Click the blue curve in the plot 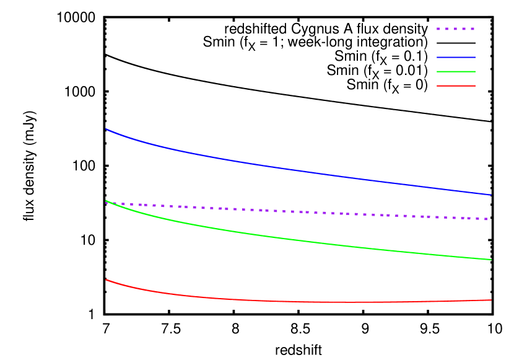(x=297, y=170)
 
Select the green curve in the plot (x=297, y=240)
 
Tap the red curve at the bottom (x=297, y=302)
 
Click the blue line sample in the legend (x=456, y=57)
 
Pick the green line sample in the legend (x=456, y=71)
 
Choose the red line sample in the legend (x=456, y=86)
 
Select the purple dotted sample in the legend (x=456, y=29)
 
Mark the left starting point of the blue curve (x=107, y=130)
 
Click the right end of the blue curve (x=490, y=195)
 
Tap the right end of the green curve (x=490, y=260)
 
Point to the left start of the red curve (x=107, y=279)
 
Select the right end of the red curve (x=490, y=300)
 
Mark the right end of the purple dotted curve (x=487, y=219)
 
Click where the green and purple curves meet (x=108, y=201)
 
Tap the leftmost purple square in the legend (x=438, y=29)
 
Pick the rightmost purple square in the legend (x=473, y=29)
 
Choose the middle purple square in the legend (x=455, y=29)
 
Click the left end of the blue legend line (x=438, y=57)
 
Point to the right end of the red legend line (x=474, y=86)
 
